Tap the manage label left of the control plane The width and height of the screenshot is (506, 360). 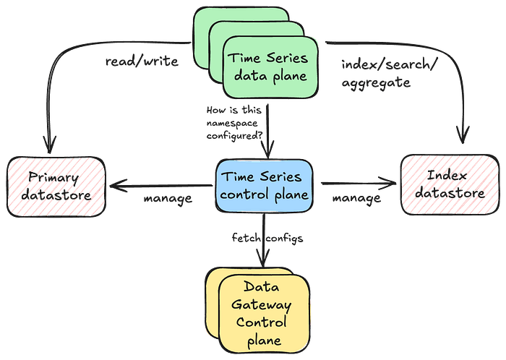(x=168, y=197)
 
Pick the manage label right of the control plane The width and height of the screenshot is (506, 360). (x=356, y=197)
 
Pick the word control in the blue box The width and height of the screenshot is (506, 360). (x=248, y=194)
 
